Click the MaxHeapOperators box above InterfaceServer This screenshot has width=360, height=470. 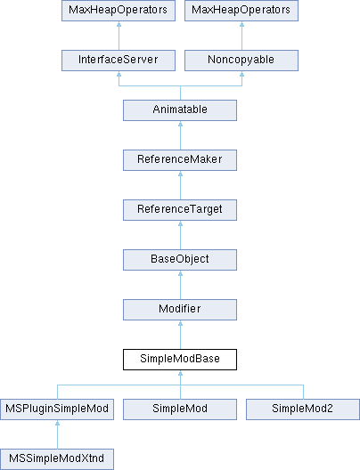point(119,11)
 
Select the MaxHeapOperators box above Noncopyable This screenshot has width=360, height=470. point(241,11)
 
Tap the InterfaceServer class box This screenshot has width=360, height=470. point(119,61)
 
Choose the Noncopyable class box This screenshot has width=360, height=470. point(241,61)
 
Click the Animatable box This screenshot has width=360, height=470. point(180,110)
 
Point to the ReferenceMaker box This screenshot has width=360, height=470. point(180,160)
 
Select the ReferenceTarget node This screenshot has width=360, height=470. point(180,210)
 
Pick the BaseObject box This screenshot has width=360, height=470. point(180,260)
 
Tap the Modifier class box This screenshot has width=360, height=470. point(180,310)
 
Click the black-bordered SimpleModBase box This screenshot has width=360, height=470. point(180,360)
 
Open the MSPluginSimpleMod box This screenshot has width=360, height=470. point(57,409)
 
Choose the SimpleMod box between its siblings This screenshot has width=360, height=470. point(180,409)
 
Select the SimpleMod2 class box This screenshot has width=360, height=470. point(303,409)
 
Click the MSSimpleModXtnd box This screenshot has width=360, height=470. point(57,459)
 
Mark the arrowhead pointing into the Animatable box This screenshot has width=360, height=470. point(180,124)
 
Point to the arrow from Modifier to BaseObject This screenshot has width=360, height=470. point(180,285)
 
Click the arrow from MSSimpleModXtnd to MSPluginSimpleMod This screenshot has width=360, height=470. point(57,434)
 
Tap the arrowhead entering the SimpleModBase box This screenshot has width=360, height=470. point(180,373)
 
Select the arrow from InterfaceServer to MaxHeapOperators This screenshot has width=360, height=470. point(119,36)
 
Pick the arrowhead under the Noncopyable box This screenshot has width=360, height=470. point(241,74)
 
